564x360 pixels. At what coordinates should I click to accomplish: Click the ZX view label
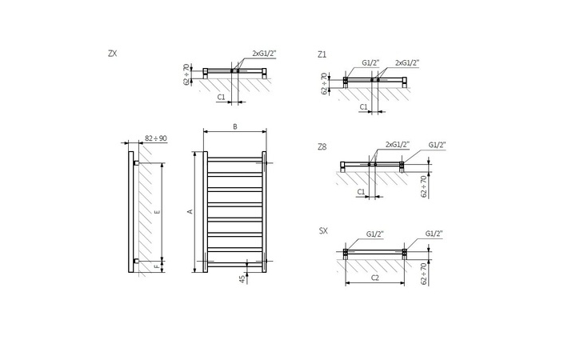113,54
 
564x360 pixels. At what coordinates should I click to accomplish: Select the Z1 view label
322,54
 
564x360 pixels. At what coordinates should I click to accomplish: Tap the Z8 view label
322,146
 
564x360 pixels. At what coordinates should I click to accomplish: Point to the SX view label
322,230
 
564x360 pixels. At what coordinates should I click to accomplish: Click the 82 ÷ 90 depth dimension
156,138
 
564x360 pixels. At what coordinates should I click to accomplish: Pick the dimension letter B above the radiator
234,126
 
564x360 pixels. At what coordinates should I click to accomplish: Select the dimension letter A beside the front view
190,211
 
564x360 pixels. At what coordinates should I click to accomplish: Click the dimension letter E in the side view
157,211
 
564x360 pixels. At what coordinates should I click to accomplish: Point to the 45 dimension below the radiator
241,278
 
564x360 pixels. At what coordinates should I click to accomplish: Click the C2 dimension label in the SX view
374,277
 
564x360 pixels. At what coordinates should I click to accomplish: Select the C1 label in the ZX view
221,97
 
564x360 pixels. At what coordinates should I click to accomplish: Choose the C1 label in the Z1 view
363,106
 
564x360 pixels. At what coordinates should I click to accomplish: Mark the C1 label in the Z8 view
360,192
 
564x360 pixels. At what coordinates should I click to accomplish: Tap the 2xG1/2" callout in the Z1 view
407,62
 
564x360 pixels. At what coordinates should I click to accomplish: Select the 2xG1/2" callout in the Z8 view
397,144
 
